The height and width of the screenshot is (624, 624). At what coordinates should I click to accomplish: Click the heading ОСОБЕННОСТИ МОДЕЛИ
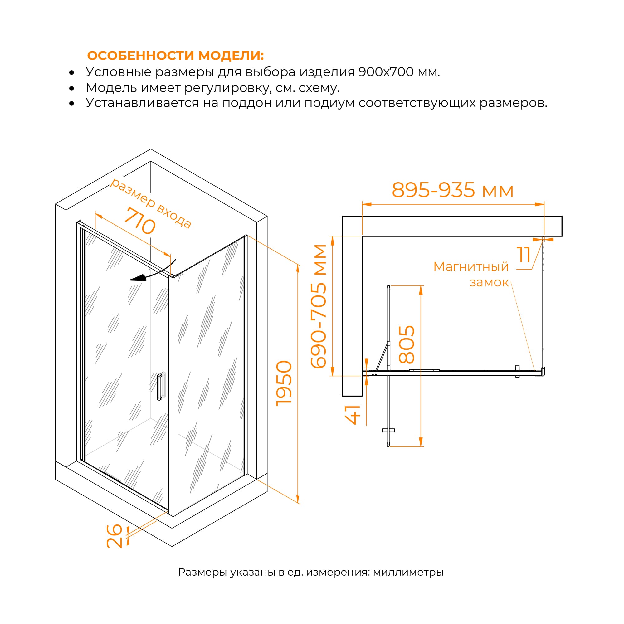[175, 56]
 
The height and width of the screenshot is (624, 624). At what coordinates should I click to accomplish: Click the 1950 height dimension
[284, 383]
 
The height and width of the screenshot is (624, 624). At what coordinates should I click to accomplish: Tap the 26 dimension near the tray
[114, 536]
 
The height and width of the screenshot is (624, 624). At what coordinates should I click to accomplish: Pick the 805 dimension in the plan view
[406, 344]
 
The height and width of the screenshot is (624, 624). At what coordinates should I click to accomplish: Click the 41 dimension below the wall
[353, 414]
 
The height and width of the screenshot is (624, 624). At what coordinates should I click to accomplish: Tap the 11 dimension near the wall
[524, 255]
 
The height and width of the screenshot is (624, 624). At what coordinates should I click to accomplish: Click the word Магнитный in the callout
[471, 267]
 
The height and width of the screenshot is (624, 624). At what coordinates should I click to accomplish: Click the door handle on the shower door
[159, 387]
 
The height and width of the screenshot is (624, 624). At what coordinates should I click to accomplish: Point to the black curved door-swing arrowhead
[138, 278]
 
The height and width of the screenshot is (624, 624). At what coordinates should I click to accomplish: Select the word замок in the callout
[489, 283]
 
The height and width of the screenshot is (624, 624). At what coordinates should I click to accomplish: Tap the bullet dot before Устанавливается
[72, 103]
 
